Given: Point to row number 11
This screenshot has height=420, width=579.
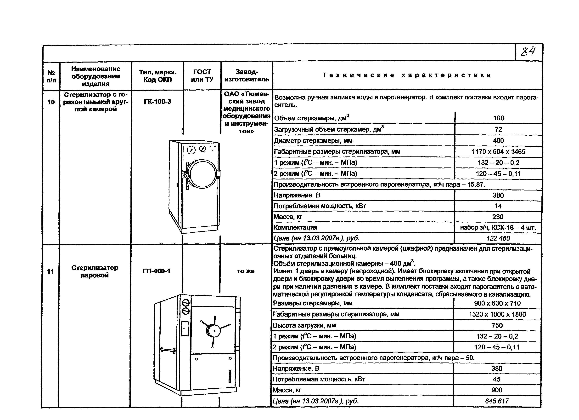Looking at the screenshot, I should [51, 271].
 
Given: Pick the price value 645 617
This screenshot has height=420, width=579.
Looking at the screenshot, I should [497, 401].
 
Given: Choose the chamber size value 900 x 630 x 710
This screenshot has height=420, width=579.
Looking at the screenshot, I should [497, 303].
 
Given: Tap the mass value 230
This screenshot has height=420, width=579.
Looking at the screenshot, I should [498, 217].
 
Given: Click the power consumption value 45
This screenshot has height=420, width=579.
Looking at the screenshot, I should [497, 379].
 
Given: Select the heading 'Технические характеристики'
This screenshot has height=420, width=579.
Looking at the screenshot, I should [407, 75].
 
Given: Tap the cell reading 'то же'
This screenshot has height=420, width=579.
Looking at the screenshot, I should [246, 271].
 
